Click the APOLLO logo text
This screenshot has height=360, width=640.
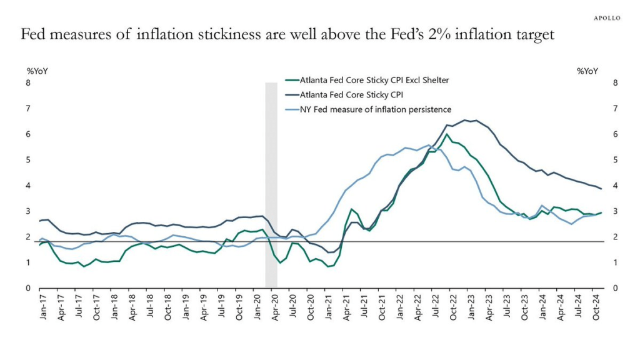click(x=607, y=18)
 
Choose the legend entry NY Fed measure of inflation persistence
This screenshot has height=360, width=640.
click(x=376, y=109)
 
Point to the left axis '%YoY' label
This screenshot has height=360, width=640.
click(x=37, y=71)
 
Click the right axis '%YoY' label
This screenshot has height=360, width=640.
click(x=588, y=71)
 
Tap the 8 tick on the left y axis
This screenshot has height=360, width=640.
click(x=27, y=82)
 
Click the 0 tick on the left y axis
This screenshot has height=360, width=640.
click(x=27, y=288)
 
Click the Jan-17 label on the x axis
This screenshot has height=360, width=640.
click(x=42, y=306)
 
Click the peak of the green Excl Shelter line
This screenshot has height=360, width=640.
click(x=447, y=134)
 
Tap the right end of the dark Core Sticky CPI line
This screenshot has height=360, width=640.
click(x=601, y=188)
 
